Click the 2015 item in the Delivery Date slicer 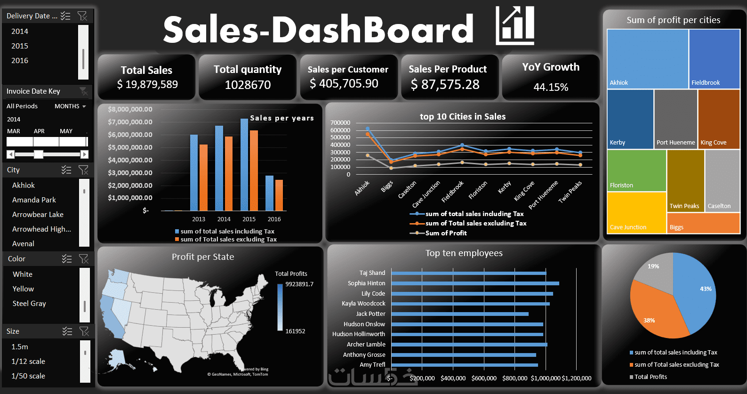[x=20, y=46]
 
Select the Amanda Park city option [x=34, y=200]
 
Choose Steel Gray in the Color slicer [x=29, y=304]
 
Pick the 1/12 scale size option [x=28, y=362]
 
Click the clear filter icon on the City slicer [x=83, y=170]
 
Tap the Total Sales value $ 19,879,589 [x=147, y=85]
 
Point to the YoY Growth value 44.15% [x=551, y=87]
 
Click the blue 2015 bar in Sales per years [x=244, y=165]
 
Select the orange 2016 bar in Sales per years [x=279, y=195]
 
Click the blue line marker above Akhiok [x=368, y=129]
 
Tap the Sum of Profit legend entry [x=446, y=233]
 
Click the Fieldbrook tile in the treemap [x=714, y=59]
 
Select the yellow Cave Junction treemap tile [x=636, y=213]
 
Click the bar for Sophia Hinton [x=475, y=283]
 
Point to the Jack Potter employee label [x=370, y=314]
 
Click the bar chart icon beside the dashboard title [x=515, y=25]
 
